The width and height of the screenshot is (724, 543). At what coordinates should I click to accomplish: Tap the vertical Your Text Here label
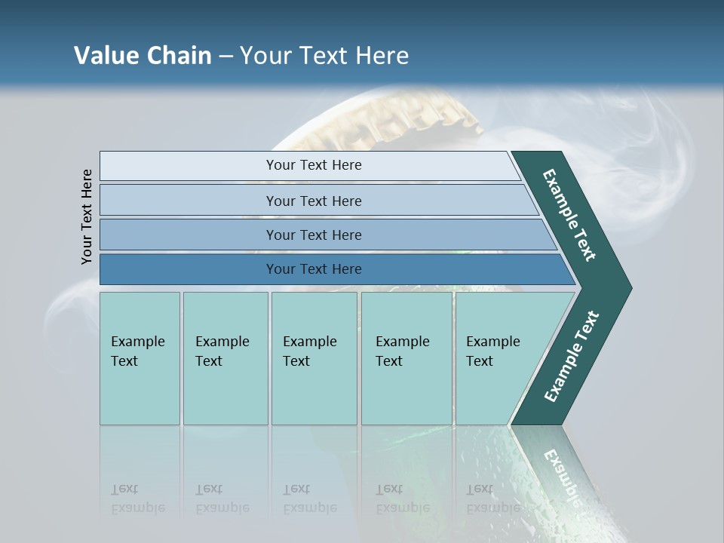pyautogui.click(x=87, y=216)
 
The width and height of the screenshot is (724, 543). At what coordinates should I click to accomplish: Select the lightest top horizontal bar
pyautogui.click(x=309, y=165)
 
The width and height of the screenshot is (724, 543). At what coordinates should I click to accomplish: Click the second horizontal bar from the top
pyautogui.click(x=314, y=201)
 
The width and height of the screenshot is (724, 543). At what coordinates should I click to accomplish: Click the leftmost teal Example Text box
pyautogui.click(x=140, y=358)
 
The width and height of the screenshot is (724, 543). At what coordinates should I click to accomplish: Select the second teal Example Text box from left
pyautogui.click(x=225, y=358)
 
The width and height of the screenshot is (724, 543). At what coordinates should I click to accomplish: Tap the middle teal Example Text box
pyautogui.click(x=314, y=358)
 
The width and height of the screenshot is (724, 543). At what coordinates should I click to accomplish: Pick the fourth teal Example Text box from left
pyautogui.click(x=406, y=358)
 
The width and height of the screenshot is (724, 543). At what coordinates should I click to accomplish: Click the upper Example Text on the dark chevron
pyautogui.click(x=569, y=215)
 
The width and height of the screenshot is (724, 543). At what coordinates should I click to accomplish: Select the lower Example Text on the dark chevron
pyautogui.click(x=571, y=357)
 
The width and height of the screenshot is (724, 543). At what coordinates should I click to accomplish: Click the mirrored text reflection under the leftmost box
pyautogui.click(x=138, y=499)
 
